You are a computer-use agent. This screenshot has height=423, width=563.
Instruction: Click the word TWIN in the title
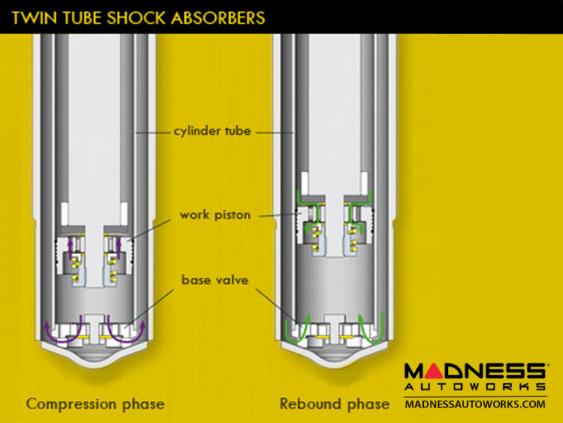pyautogui.click(x=32, y=16)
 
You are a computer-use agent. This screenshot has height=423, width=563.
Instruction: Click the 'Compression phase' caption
pyautogui.click(x=95, y=403)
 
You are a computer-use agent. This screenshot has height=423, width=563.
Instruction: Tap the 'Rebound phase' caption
pyautogui.click(x=335, y=403)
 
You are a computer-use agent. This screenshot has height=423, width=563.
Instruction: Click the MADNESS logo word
pyautogui.click(x=475, y=371)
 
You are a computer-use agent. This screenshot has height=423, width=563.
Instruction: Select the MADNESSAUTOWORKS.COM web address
pyautogui.click(x=475, y=404)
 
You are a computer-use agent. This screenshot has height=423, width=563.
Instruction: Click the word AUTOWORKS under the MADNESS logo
pyautogui.click(x=475, y=387)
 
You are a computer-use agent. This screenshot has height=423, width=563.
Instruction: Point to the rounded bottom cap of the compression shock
pyautogui.click(x=94, y=359)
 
